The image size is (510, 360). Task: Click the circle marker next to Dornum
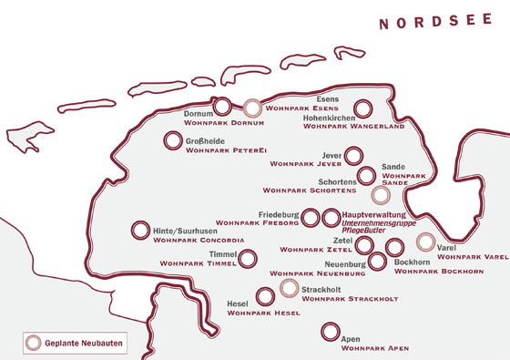[221, 107]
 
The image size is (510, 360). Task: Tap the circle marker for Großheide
[172, 141]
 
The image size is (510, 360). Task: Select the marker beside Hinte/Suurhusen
[139, 231]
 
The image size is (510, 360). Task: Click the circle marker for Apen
[330, 333]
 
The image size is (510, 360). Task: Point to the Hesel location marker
[265, 296]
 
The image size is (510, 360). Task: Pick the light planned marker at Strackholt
[289, 288]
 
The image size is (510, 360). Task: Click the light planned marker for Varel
[424, 242]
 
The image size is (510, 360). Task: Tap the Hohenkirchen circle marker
[362, 109]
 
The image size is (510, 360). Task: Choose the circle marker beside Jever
[353, 156]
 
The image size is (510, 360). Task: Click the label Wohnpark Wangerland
[353, 126]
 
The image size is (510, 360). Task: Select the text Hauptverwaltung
[372, 214]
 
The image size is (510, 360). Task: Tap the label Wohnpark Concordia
[199, 241]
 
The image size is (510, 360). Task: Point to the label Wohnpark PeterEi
[225, 151]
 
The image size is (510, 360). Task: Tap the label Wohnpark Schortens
[309, 191]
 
